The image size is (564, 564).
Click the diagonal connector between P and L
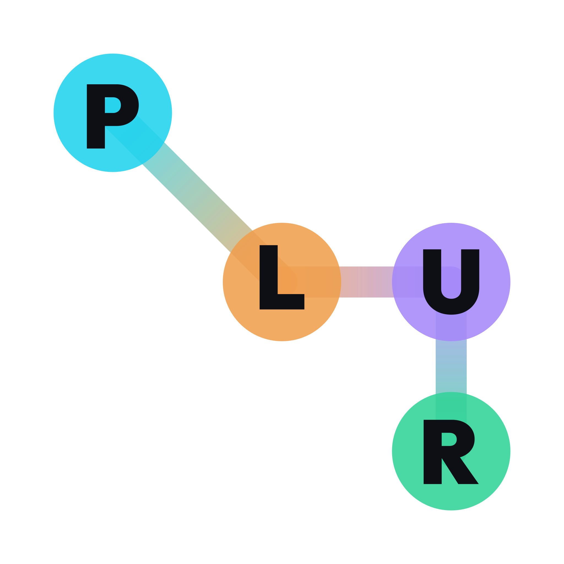point(197,197)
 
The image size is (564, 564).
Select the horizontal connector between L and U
point(367,282)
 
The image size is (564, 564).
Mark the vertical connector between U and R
point(451,367)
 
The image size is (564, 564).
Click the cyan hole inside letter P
point(112,105)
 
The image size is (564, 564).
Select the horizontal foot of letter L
point(282,302)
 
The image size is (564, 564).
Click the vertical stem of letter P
point(96,116)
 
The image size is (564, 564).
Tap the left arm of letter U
point(432,272)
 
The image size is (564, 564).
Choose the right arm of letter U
point(470,272)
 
